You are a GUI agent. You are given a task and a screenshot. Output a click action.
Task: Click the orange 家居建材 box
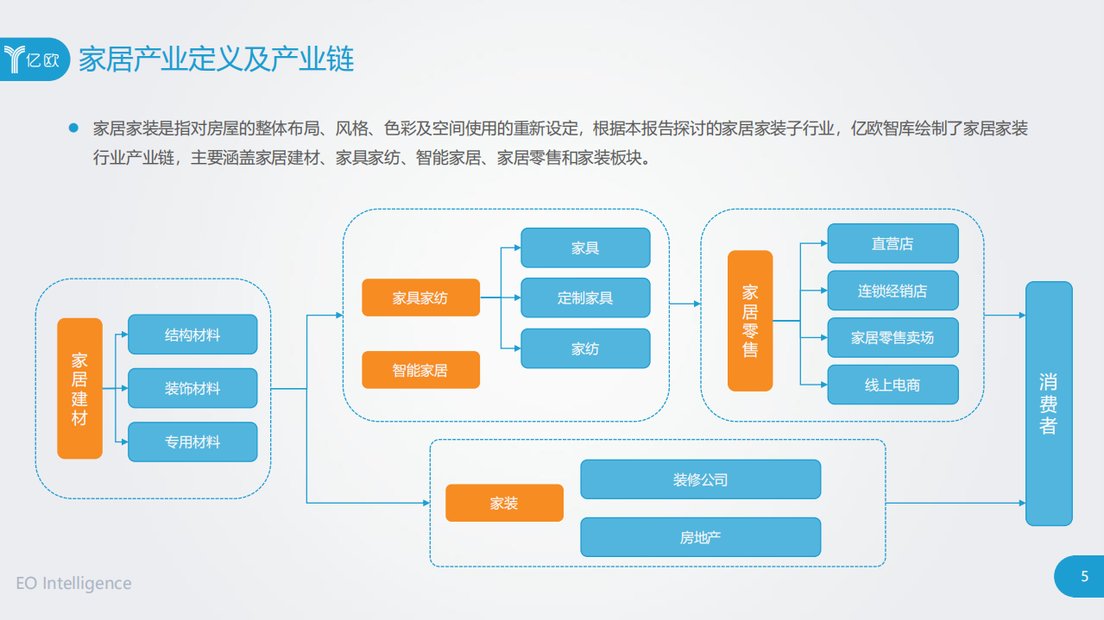pyautogui.click(x=79, y=388)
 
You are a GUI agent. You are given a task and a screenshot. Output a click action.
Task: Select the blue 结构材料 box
pyautogui.click(x=192, y=335)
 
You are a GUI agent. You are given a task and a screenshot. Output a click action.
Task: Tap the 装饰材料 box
pyautogui.click(x=192, y=388)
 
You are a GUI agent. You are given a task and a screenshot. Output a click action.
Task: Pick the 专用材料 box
pyautogui.click(x=192, y=442)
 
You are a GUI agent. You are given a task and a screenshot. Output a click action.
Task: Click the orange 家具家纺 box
pyautogui.click(x=420, y=297)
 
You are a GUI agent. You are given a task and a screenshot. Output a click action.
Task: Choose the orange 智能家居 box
pyautogui.click(x=420, y=370)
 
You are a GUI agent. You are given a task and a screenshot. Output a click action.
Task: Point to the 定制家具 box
pyautogui.click(x=585, y=297)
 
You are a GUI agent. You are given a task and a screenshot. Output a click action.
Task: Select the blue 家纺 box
pyautogui.click(x=585, y=348)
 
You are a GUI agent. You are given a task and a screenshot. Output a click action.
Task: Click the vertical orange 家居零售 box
pyautogui.click(x=750, y=321)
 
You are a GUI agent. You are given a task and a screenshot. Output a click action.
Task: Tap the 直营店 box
pyautogui.click(x=893, y=243)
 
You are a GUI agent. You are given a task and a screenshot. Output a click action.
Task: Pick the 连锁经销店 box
pyautogui.click(x=893, y=291)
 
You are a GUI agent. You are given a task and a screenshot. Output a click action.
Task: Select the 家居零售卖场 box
pyautogui.click(x=893, y=337)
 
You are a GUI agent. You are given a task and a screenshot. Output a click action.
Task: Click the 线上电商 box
pyautogui.click(x=893, y=385)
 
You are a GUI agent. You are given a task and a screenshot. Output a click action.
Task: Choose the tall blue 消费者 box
pyautogui.click(x=1049, y=404)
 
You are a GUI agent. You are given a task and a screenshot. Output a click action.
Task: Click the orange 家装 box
pyautogui.click(x=504, y=503)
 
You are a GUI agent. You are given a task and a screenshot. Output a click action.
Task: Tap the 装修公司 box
pyautogui.click(x=700, y=479)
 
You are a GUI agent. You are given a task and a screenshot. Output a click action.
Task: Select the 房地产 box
pyautogui.click(x=700, y=537)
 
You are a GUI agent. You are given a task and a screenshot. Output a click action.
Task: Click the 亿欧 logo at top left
pyautogui.click(x=33, y=59)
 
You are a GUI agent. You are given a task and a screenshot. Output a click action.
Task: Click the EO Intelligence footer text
pyautogui.click(x=74, y=584)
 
